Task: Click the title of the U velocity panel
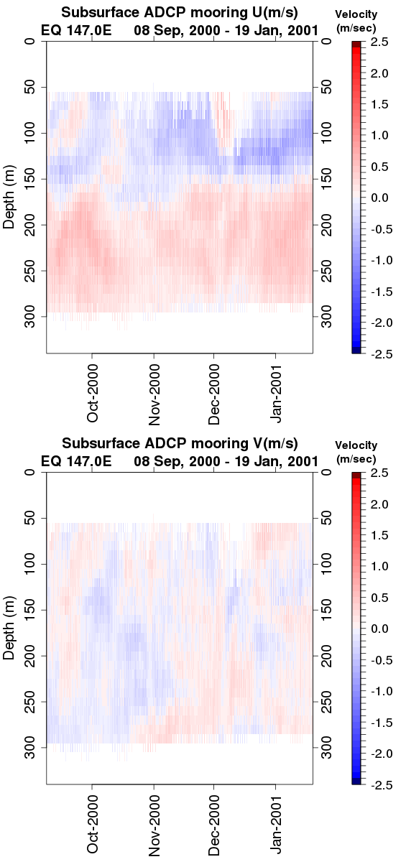(180, 12)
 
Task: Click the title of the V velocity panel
(180, 443)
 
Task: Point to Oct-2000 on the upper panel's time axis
(93, 393)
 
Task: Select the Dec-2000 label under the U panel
(213, 394)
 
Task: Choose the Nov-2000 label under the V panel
(154, 825)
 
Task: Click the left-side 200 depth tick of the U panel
(29, 225)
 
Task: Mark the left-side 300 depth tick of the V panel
(29, 747)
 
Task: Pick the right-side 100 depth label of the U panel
(326, 133)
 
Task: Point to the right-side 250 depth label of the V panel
(326, 702)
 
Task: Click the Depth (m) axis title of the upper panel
(9, 197)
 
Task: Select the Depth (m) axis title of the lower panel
(9, 628)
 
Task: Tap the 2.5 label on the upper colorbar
(379, 42)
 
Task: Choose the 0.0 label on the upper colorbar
(379, 198)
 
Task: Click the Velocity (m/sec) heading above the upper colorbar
(356, 21)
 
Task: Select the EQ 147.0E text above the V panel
(76, 460)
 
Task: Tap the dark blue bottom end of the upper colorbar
(356, 351)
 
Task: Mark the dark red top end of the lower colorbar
(356, 476)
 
